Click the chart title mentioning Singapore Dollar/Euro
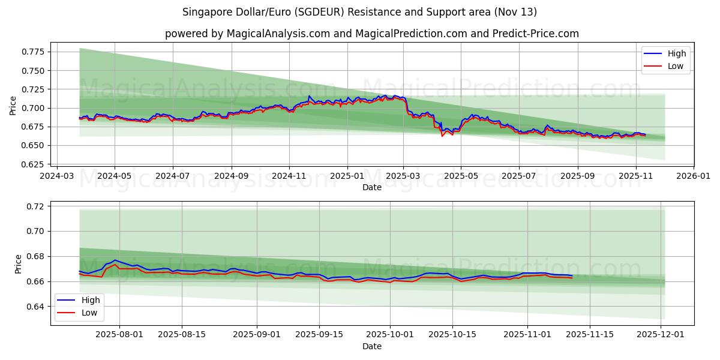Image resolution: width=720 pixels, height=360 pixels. tap(360, 12)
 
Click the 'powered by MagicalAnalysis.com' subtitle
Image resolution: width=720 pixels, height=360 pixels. tap(372, 34)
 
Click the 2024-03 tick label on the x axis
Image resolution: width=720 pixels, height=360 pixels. tap(57, 176)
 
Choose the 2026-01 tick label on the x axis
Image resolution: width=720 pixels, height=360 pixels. tap(694, 176)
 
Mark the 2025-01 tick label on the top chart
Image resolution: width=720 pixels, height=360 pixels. tap(347, 176)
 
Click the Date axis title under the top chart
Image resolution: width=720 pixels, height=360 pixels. tap(372, 187)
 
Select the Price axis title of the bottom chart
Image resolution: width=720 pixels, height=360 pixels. tap(18, 264)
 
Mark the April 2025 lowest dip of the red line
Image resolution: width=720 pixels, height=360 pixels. tap(442, 136)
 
